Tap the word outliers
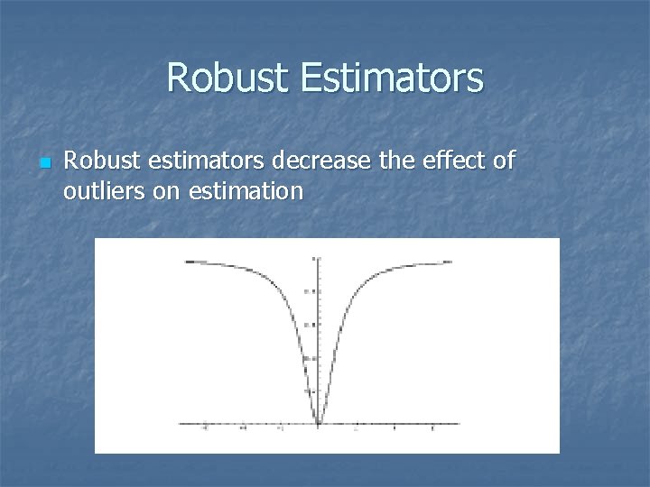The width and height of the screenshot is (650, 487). (102, 190)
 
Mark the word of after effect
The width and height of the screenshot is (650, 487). (503, 161)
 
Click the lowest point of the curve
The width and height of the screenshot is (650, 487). (317, 422)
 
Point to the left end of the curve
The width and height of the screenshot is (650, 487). (186, 262)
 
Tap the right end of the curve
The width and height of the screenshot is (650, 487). (450, 262)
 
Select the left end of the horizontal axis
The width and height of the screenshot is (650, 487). (181, 423)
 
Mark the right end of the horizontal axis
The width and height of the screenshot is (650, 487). (459, 423)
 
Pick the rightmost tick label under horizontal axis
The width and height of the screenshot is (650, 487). (432, 430)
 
